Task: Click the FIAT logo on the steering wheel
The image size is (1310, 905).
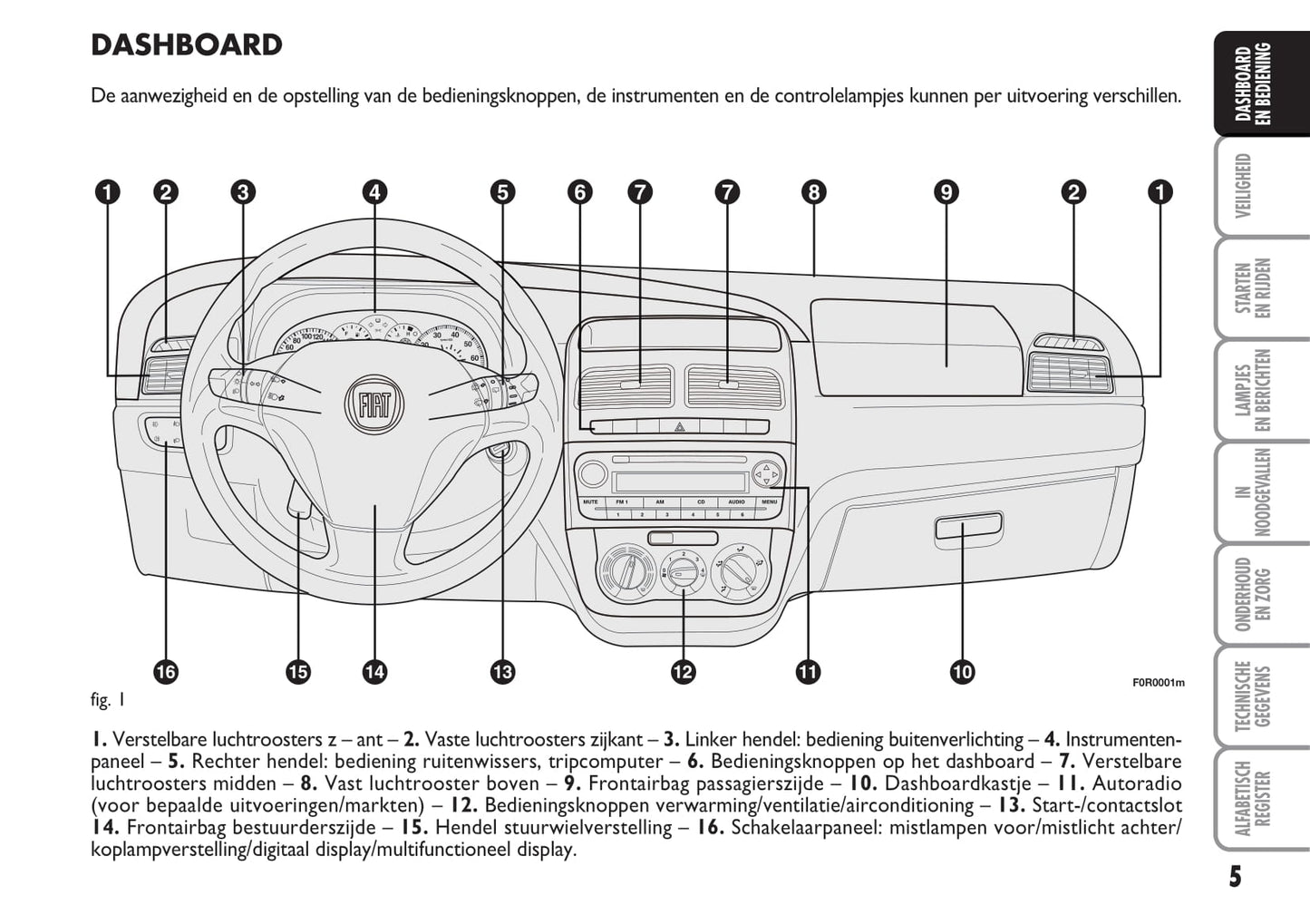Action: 374,404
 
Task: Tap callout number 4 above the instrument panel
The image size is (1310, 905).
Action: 374,192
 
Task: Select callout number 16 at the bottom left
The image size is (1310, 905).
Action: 166,672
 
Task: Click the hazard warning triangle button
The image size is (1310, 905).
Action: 678,426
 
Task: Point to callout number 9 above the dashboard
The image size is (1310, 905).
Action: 946,192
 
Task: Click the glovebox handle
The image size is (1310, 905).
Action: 968,526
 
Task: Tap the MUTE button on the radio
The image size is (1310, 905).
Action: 590,501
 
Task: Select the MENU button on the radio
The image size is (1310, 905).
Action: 769,501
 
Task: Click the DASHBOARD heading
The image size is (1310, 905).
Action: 187,44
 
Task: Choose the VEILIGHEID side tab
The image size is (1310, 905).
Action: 1244,186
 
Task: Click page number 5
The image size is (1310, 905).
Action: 1235,877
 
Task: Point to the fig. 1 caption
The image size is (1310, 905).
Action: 108,699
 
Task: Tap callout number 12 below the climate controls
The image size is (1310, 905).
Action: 683,672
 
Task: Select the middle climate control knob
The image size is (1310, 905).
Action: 682,572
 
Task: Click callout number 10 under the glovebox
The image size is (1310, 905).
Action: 962,672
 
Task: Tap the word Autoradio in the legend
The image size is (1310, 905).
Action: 1137,783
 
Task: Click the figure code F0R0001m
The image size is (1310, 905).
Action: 1158,683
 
